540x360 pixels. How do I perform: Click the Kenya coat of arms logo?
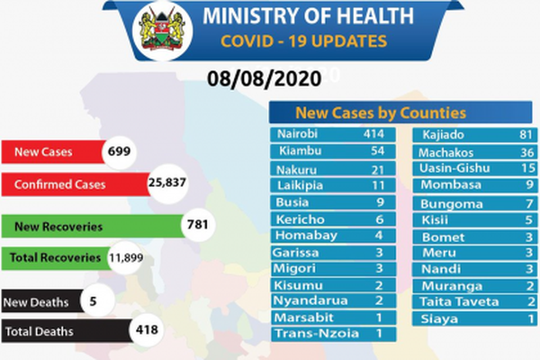pyautogui.click(x=162, y=30)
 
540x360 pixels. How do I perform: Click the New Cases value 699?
pyautogui.click(x=119, y=152)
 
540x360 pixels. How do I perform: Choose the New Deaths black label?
pyautogui.click(x=38, y=301)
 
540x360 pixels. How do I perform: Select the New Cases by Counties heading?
pyautogui.click(x=380, y=112)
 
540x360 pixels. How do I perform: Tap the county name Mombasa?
pyautogui.click(x=451, y=185)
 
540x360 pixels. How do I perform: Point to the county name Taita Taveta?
pyautogui.click(x=461, y=302)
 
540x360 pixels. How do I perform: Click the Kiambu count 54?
pyautogui.click(x=377, y=150)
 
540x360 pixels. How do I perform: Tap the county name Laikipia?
pyautogui.click(x=301, y=185)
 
